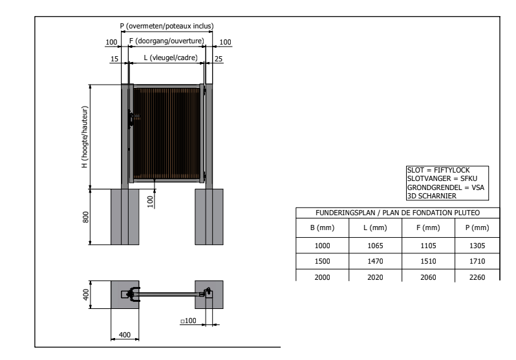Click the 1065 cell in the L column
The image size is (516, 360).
tap(375, 246)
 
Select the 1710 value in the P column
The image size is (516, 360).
tap(477, 261)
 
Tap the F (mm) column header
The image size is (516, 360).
tap(428, 228)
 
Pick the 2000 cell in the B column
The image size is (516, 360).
tap(322, 277)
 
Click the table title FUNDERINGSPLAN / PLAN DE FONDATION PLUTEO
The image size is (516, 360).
tap(398, 213)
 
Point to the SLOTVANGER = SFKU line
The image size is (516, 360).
tap(442, 178)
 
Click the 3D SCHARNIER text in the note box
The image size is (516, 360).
tap(432, 196)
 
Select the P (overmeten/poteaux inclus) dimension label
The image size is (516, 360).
tap(167, 26)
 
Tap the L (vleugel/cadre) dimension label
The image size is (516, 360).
tap(171, 58)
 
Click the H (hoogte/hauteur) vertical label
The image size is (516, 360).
tap(85, 137)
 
